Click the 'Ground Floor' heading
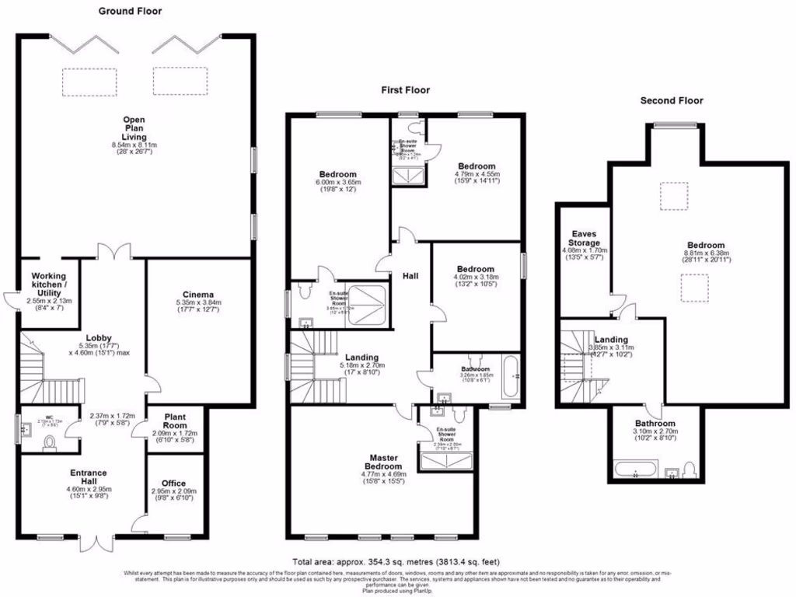[x=130, y=11]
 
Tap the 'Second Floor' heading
[x=671, y=100]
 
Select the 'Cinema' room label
[x=200, y=294]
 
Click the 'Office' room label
[x=173, y=483]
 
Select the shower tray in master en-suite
[x=445, y=463]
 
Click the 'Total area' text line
[x=396, y=561]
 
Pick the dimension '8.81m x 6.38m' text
[x=704, y=253]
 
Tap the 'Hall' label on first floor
[x=411, y=276]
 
